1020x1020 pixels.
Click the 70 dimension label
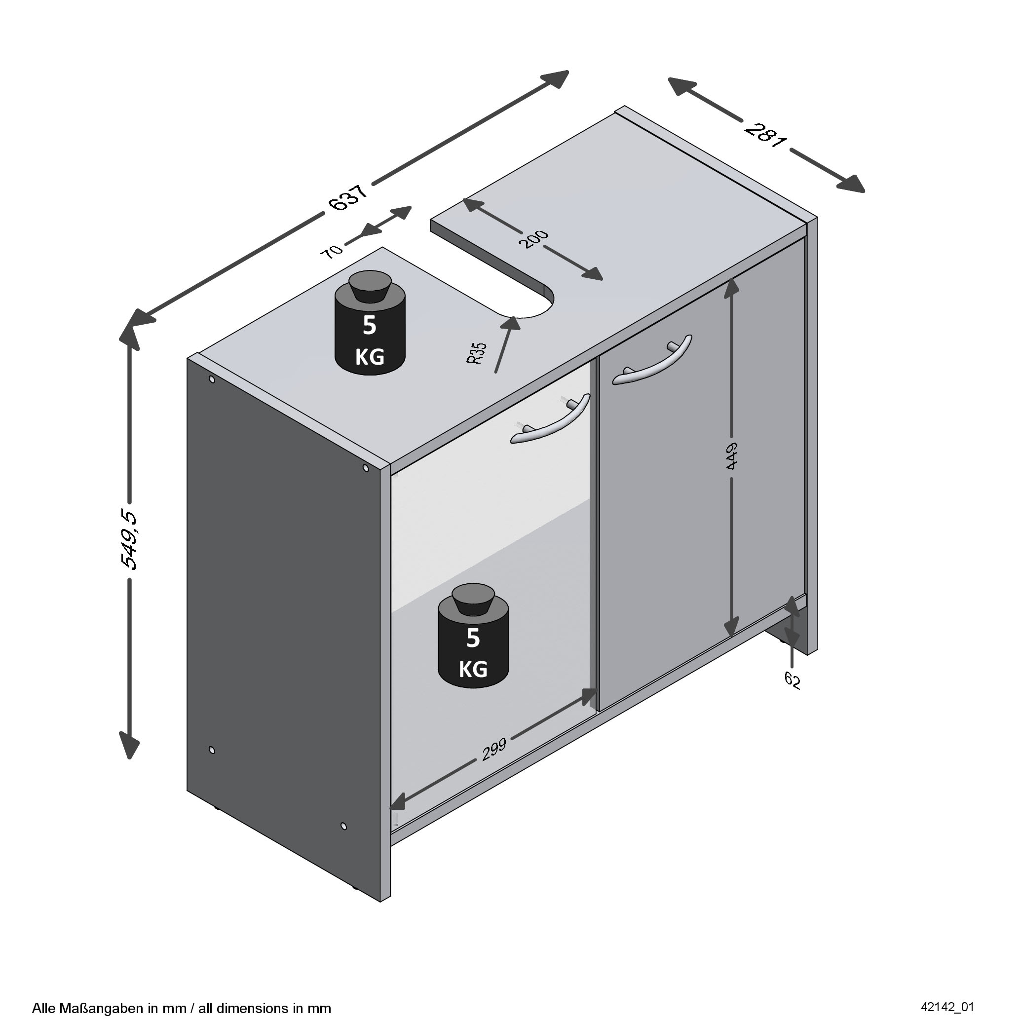(332, 251)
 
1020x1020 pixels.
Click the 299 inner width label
(493, 749)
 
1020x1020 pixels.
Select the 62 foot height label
(792, 680)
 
